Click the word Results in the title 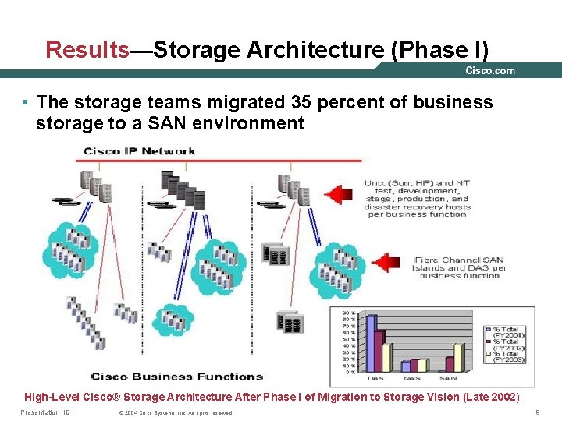pyautogui.click(x=87, y=50)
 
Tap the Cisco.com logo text pyautogui.click(x=490, y=70)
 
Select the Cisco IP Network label pyautogui.click(x=140, y=150)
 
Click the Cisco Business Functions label pyautogui.click(x=177, y=377)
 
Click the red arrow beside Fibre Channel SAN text pyautogui.click(x=387, y=262)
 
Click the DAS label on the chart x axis pyautogui.click(x=375, y=378)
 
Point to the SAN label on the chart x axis pyautogui.click(x=448, y=378)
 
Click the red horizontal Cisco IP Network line pyautogui.click(x=219, y=160)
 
